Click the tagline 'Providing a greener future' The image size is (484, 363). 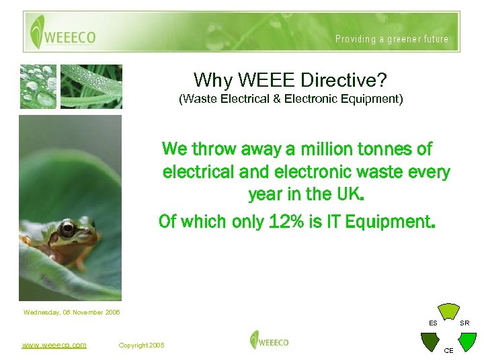coord(392,39)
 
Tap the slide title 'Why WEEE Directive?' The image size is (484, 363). coord(290,80)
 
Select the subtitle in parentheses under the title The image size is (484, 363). coord(290,99)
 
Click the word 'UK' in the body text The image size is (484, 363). coord(348,195)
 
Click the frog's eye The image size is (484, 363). coord(67,229)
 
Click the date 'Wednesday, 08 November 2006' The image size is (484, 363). coord(71,312)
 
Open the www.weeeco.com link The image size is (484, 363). coord(54,345)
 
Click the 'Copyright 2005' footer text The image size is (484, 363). coord(141,345)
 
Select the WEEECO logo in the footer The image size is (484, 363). coord(269,340)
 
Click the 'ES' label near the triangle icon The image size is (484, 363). coord(433,323)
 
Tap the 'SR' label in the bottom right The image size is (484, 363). coord(464,323)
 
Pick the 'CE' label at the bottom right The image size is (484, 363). coord(448,351)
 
